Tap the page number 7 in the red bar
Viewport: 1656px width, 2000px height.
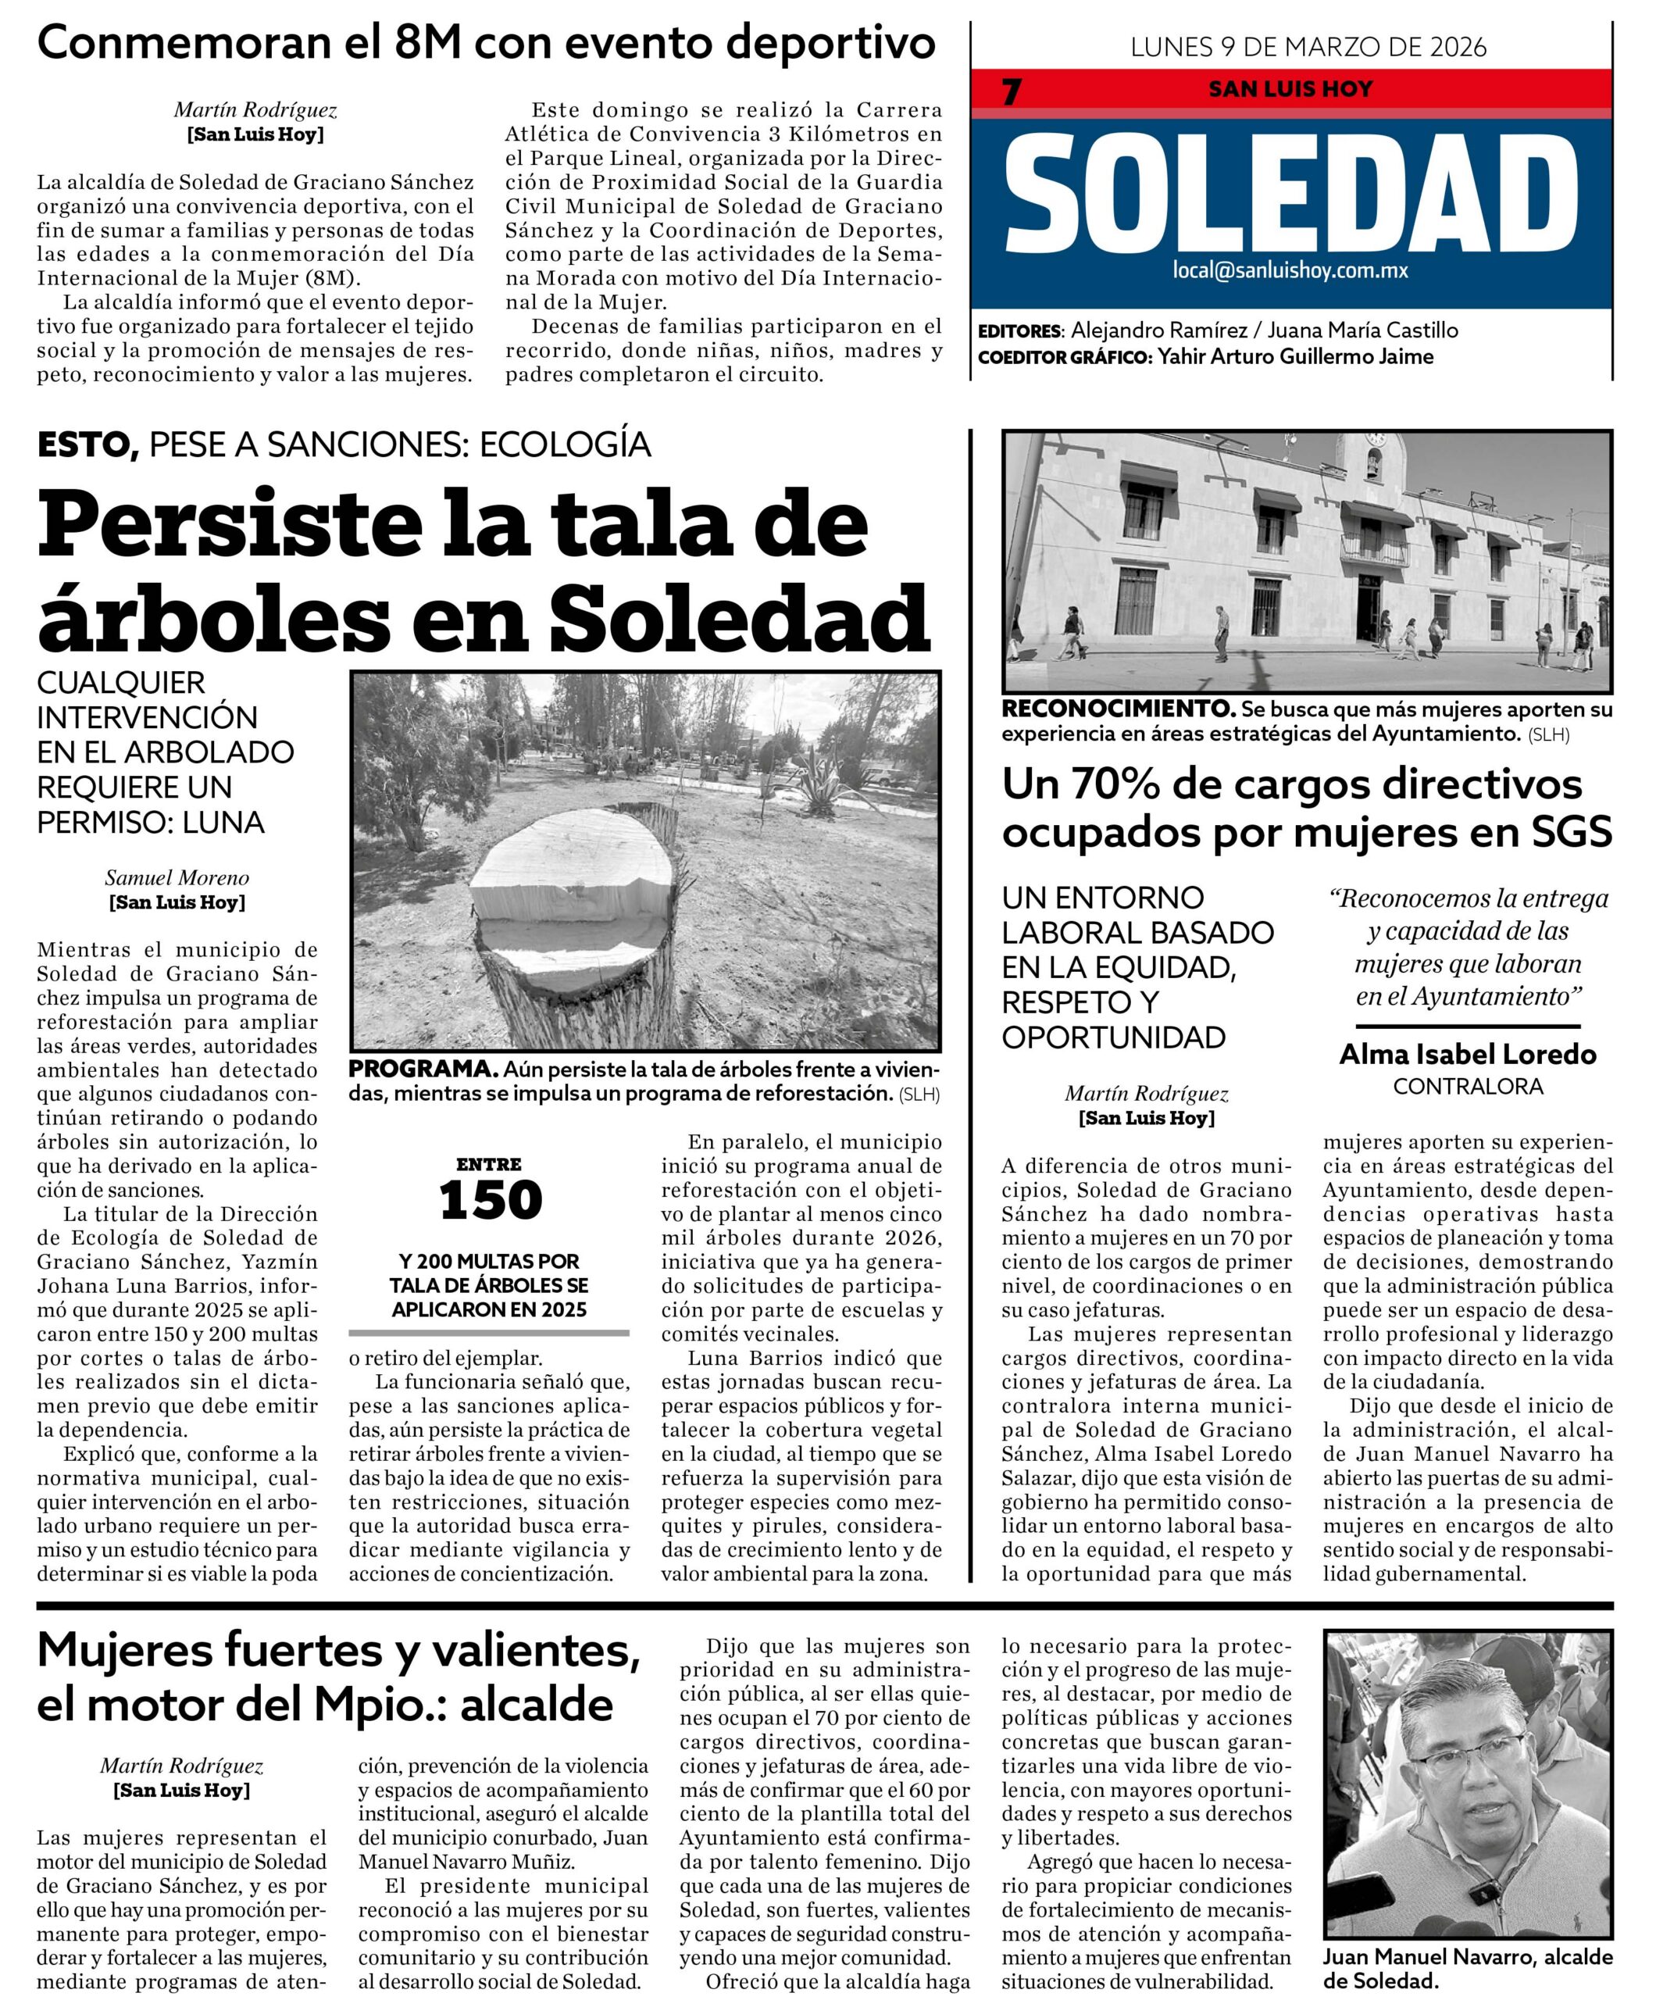tap(1012, 91)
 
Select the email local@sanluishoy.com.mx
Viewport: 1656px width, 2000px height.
tap(1290, 270)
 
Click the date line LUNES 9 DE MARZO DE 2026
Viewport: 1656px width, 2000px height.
tap(1308, 47)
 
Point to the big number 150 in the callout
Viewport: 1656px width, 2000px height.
tap(491, 1200)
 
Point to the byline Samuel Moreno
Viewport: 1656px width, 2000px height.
tap(177, 877)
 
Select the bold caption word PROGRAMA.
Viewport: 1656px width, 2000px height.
tap(423, 1068)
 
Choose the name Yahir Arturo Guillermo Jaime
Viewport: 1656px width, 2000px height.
tap(1295, 357)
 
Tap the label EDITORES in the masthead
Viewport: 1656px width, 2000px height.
tap(1019, 331)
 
